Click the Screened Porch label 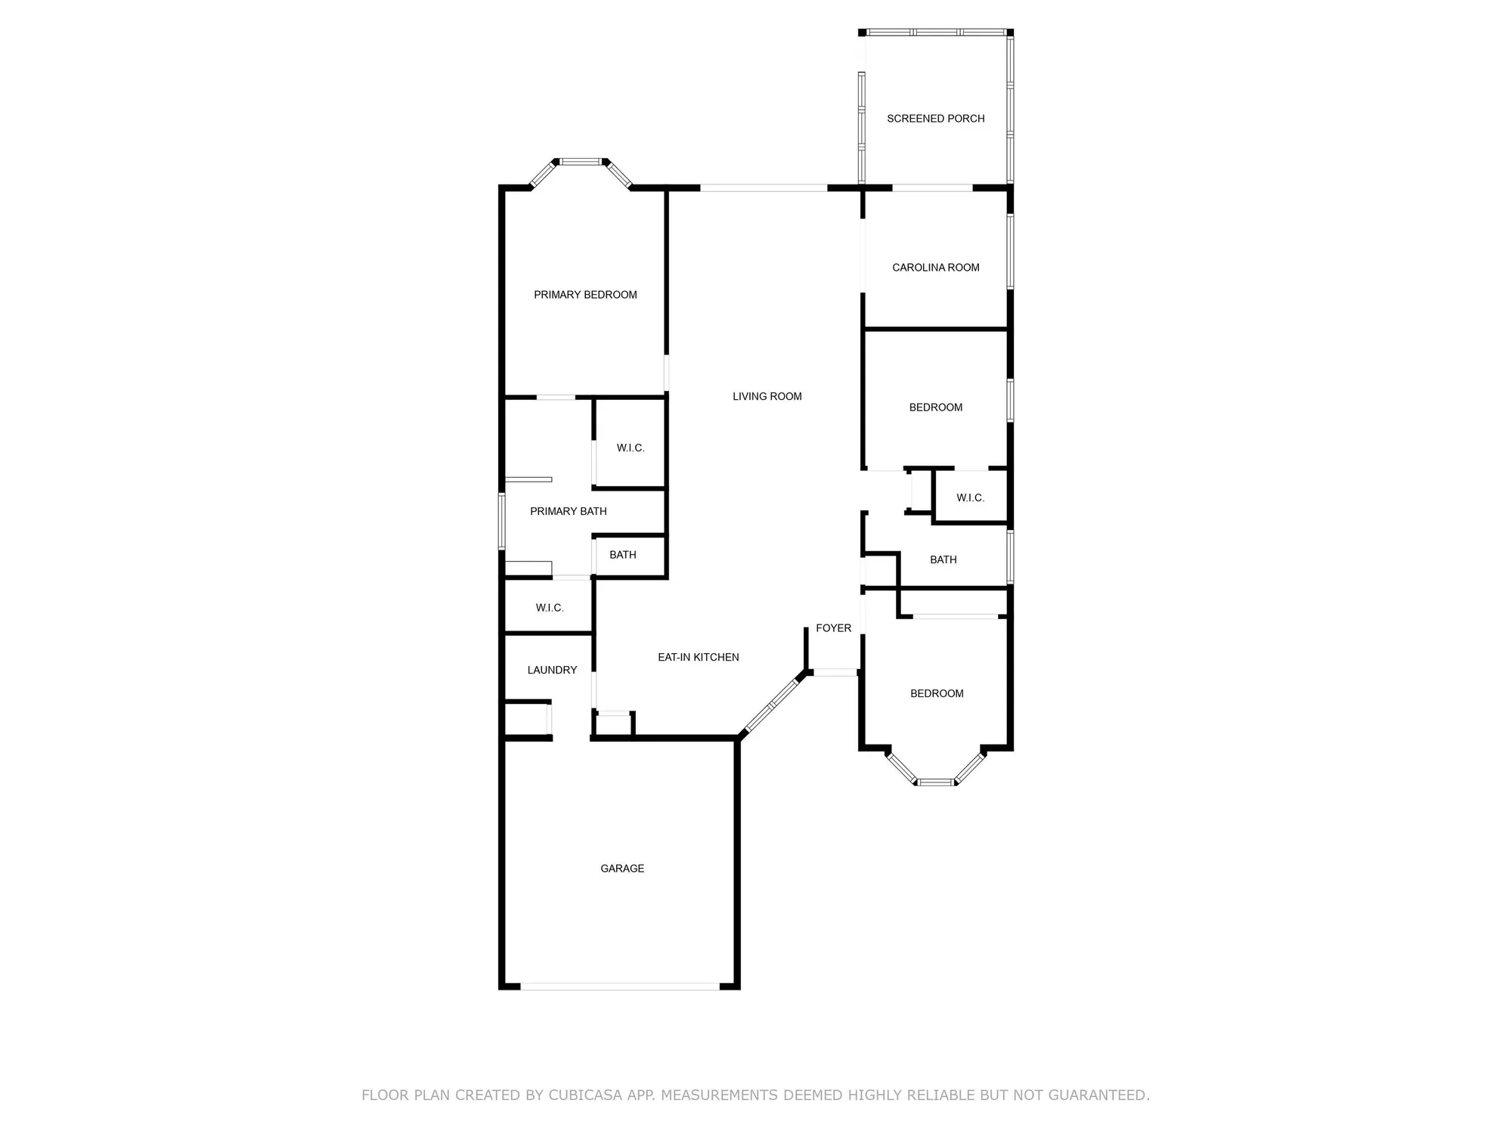tap(935, 119)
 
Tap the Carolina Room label tap(935, 268)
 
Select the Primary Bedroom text tap(585, 295)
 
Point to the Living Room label tap(767, 396)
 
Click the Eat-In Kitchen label tap(698, 658)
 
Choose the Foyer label tap(833, 628)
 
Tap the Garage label tap(622, 869)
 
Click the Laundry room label tap(552, 671)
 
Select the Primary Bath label tap(568, 512)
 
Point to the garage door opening tap(620, 986)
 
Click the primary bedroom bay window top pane tap(581, 161)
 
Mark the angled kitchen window tap(772, 706)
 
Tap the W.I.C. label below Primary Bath tap(550, 608)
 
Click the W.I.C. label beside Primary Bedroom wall tap(630, 448)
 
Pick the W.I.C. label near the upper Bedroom tap(970, 498)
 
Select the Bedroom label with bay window tap(937, 694)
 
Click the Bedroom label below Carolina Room tap(935, 407)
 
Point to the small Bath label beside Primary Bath tap(622, 555)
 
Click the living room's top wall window tap(764, 187)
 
